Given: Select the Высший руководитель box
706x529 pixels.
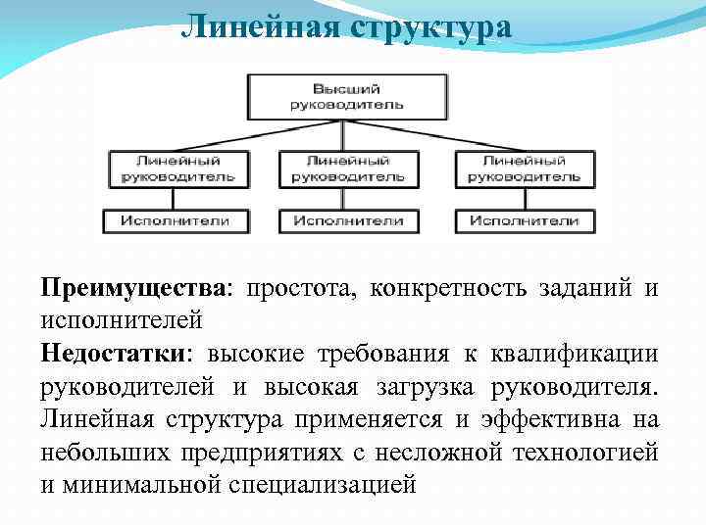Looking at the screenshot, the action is point(347,94).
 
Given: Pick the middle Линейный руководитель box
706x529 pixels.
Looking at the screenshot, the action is point(347,168).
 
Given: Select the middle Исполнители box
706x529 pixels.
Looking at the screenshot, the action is point(347,220).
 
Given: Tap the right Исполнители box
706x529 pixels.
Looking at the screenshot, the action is point(524,220).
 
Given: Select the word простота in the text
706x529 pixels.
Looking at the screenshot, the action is point(299,289).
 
